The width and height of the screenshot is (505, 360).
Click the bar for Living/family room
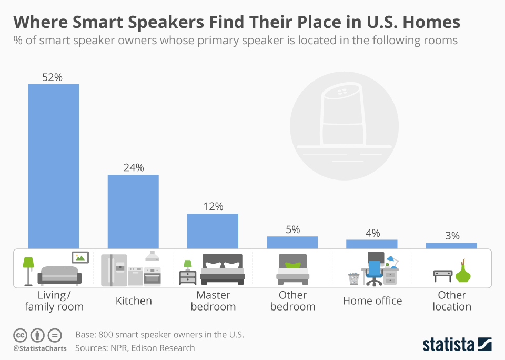(x=54, y=166)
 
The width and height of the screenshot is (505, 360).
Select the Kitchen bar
(x=133, y=211)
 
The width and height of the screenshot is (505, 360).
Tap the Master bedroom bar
(x=213, y=231)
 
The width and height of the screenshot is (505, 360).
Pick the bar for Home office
(x=372, y=244)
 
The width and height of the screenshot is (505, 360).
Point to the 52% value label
(x=53, y=77)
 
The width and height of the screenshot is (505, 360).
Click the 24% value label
(x=133, y=168)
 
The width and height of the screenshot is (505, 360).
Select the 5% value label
(x=292, y=229)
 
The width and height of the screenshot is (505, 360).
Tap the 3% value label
(x=452, y=236)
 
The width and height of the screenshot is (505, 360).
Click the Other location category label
(x=452, y=301)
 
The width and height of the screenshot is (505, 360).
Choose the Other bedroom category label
(x=292, y=301)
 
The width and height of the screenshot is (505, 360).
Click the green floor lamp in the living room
(x=28, y=270)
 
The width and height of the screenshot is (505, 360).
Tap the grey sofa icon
(x=59, y=275)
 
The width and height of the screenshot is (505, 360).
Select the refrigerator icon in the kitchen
(x=114, y=270)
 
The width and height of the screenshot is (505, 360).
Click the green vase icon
(x=463, y=272)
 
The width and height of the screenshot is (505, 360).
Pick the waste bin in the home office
(x=353, y=278)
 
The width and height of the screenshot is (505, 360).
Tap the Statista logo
(x=457, y=345)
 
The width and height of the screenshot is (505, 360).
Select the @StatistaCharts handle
(x=40, y=348)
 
